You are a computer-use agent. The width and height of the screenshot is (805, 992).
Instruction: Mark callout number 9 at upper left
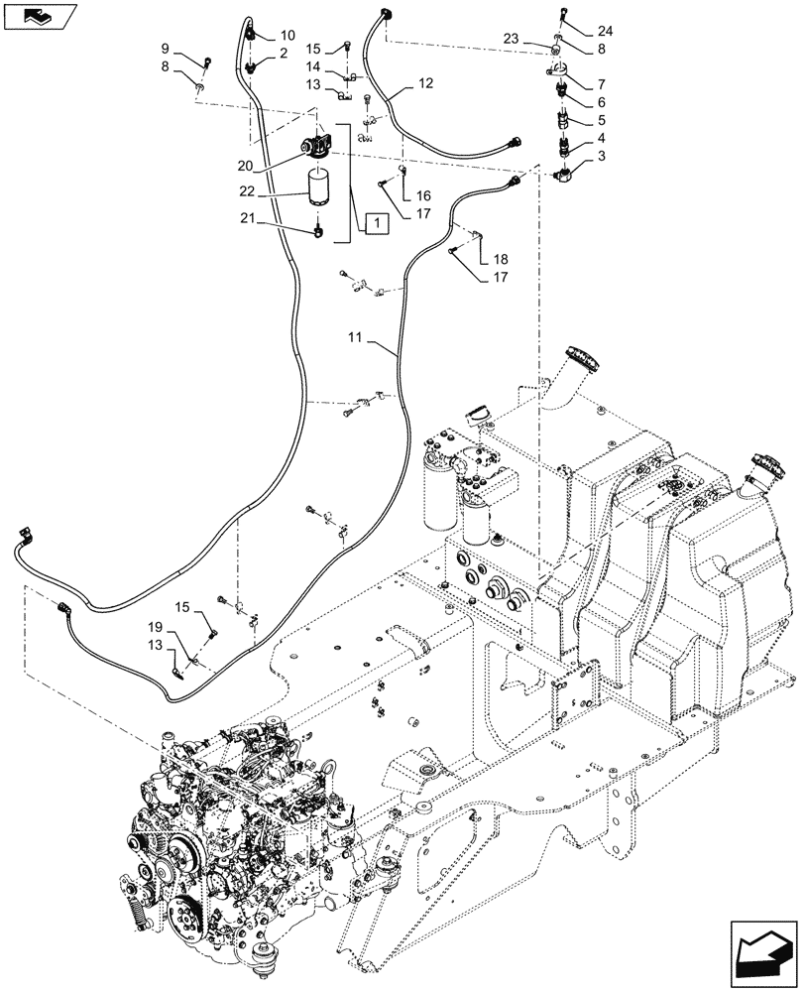pos(167,48)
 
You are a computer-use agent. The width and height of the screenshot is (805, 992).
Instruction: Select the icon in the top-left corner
pos(37,15)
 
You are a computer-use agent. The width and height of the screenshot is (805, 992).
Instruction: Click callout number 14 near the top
pos(313,65)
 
